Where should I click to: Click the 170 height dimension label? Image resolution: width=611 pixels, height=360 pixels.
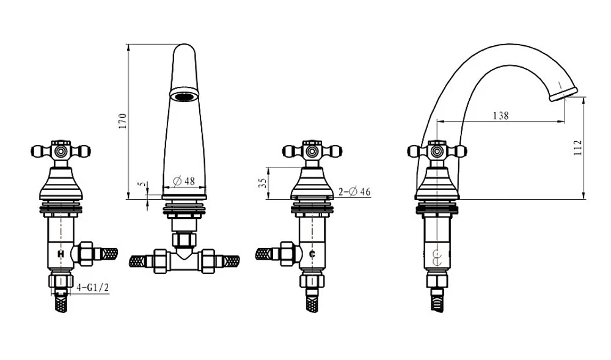click(x=122, y=121)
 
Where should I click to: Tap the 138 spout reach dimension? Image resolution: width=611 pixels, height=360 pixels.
click(x=501, y=116)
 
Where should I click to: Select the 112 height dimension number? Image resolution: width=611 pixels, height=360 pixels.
click(x=578, y=148)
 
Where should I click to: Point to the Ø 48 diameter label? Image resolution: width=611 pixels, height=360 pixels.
click(x=184, y=181)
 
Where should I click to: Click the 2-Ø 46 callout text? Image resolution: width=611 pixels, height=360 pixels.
click(x=354, y=192)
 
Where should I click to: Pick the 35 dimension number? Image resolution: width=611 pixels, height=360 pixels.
click(x=263, y=183)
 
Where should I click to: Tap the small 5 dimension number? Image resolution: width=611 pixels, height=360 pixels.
click(x=142, y=183)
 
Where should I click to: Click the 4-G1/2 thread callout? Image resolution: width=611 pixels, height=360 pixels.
click(x=93, y=288)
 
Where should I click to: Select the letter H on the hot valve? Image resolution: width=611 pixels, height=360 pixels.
click(x=60, y=254)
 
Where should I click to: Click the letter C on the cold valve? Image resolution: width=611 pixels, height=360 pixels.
click(x=312, y=254)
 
